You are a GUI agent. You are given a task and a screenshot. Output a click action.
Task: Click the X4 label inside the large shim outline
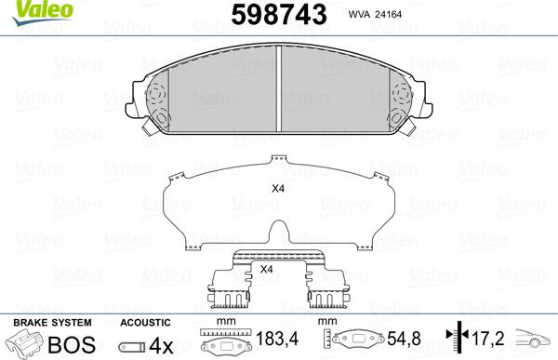[276, 190]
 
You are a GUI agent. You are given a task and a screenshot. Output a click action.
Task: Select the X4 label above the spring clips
[266, 270]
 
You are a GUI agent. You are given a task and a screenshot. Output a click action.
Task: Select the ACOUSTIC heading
[147, 321]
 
